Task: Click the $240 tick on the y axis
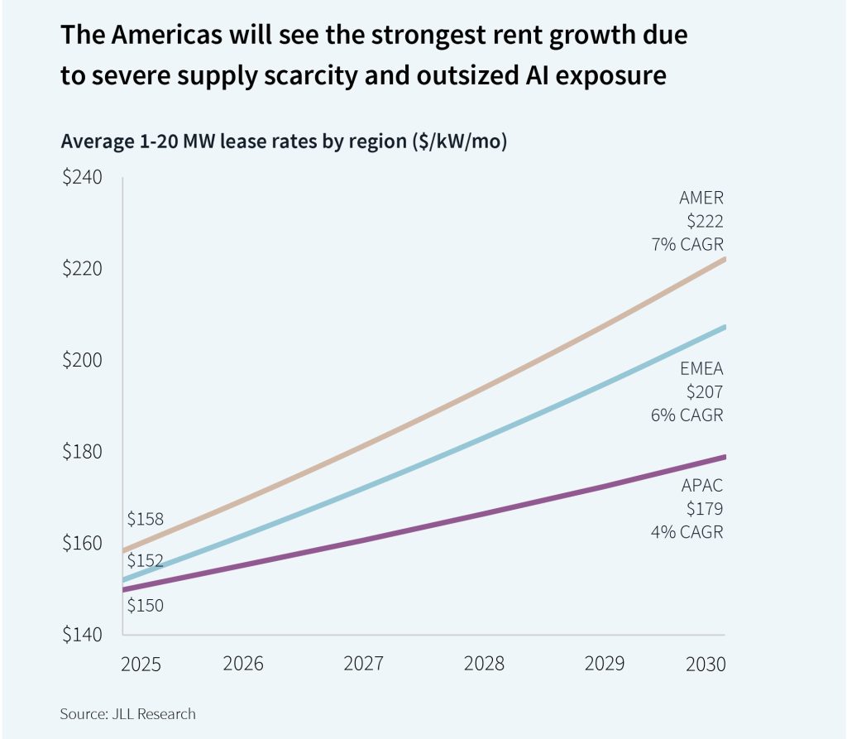point(82,178)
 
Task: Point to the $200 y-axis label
point(82,361)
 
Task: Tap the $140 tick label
point(82,635)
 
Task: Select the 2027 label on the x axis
point(363,664)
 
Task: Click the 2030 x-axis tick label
point(705,664)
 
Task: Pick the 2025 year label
point(141,664)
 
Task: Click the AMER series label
point(701,198)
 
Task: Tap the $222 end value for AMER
point(706,222)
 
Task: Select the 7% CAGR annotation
point(687,246)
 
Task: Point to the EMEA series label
point(701,368)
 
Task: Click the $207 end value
point(706,391)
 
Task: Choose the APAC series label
point(702,486)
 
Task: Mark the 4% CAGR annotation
point(687,532)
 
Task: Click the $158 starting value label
point(145,520)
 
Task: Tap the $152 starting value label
point(145,560)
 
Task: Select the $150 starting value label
point(145,605)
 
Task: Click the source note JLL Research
point(128,713)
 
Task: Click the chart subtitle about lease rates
point(284,141)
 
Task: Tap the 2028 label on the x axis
point(482,664)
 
